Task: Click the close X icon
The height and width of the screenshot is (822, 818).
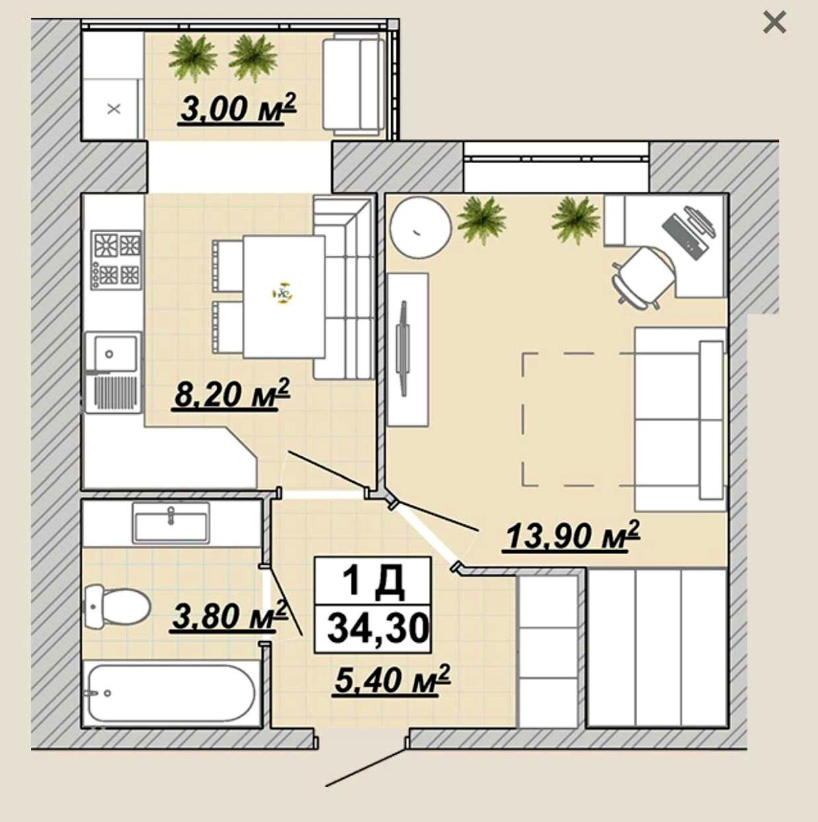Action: pyautogui.click(x=774, y=23)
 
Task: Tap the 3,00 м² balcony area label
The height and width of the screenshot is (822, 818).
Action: pyautogui.click(x=238, y=108)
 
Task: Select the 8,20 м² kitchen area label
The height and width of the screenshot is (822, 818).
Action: pyautogui.click(x=232, y=394)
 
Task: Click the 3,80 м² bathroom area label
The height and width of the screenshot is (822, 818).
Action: pyautogui.click(x=228, y=616)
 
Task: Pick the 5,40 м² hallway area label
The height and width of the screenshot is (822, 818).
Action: pyautogui.click(x=392, y=680)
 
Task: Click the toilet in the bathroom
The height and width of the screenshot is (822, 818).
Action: pyautogui.click(x=117, y=607)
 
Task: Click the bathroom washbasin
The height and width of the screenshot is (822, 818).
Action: pyautogui.click(x=171, y=523)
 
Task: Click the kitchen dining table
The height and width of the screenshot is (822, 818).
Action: pyautogui.click(x=284, y=297)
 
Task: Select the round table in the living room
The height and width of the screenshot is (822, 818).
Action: pyautogui.click(x=421, y=227)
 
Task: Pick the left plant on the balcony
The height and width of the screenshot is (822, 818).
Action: pyautogui.click(x=193, y=58)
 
